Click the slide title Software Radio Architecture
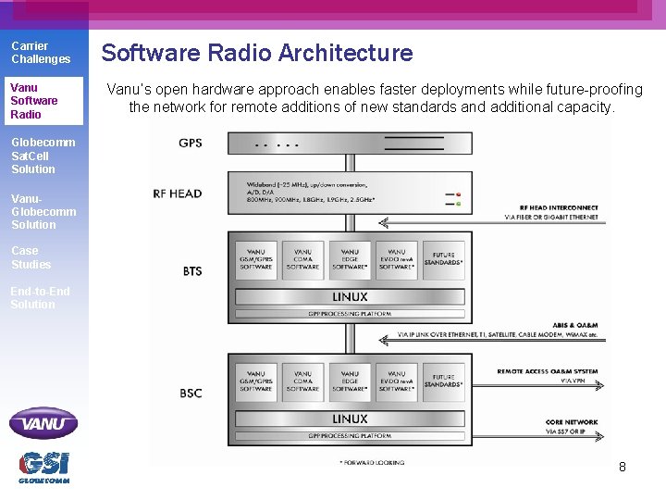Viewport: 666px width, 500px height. [x=257, y=53]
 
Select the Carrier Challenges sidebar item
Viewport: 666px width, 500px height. [x=41, y=53]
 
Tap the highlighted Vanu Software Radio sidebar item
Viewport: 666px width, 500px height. [x=34, y=101]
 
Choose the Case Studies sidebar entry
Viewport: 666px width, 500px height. [x=31, y=257]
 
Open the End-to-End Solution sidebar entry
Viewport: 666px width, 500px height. [x=40, y=297]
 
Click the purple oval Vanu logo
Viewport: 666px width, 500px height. [x=43, y=423]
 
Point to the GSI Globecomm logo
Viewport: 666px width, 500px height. [x=43, y=466]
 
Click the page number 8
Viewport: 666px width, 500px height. [x=622, y=467]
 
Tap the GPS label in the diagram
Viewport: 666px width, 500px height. [x=190, y=144]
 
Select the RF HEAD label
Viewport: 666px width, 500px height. [x=179, y=194]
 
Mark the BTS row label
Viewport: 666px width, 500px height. [x=191, y=271]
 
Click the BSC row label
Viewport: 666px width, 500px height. [x=191, y=394]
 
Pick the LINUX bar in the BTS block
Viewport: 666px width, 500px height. [x=350, y=297]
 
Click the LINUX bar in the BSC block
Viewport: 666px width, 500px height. [x=350, y=419]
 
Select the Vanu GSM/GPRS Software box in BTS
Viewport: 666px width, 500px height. [x=256, y=259]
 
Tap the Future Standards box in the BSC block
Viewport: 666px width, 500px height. [x=444, y=381]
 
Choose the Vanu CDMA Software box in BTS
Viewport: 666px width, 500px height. [x=302, y=259]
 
